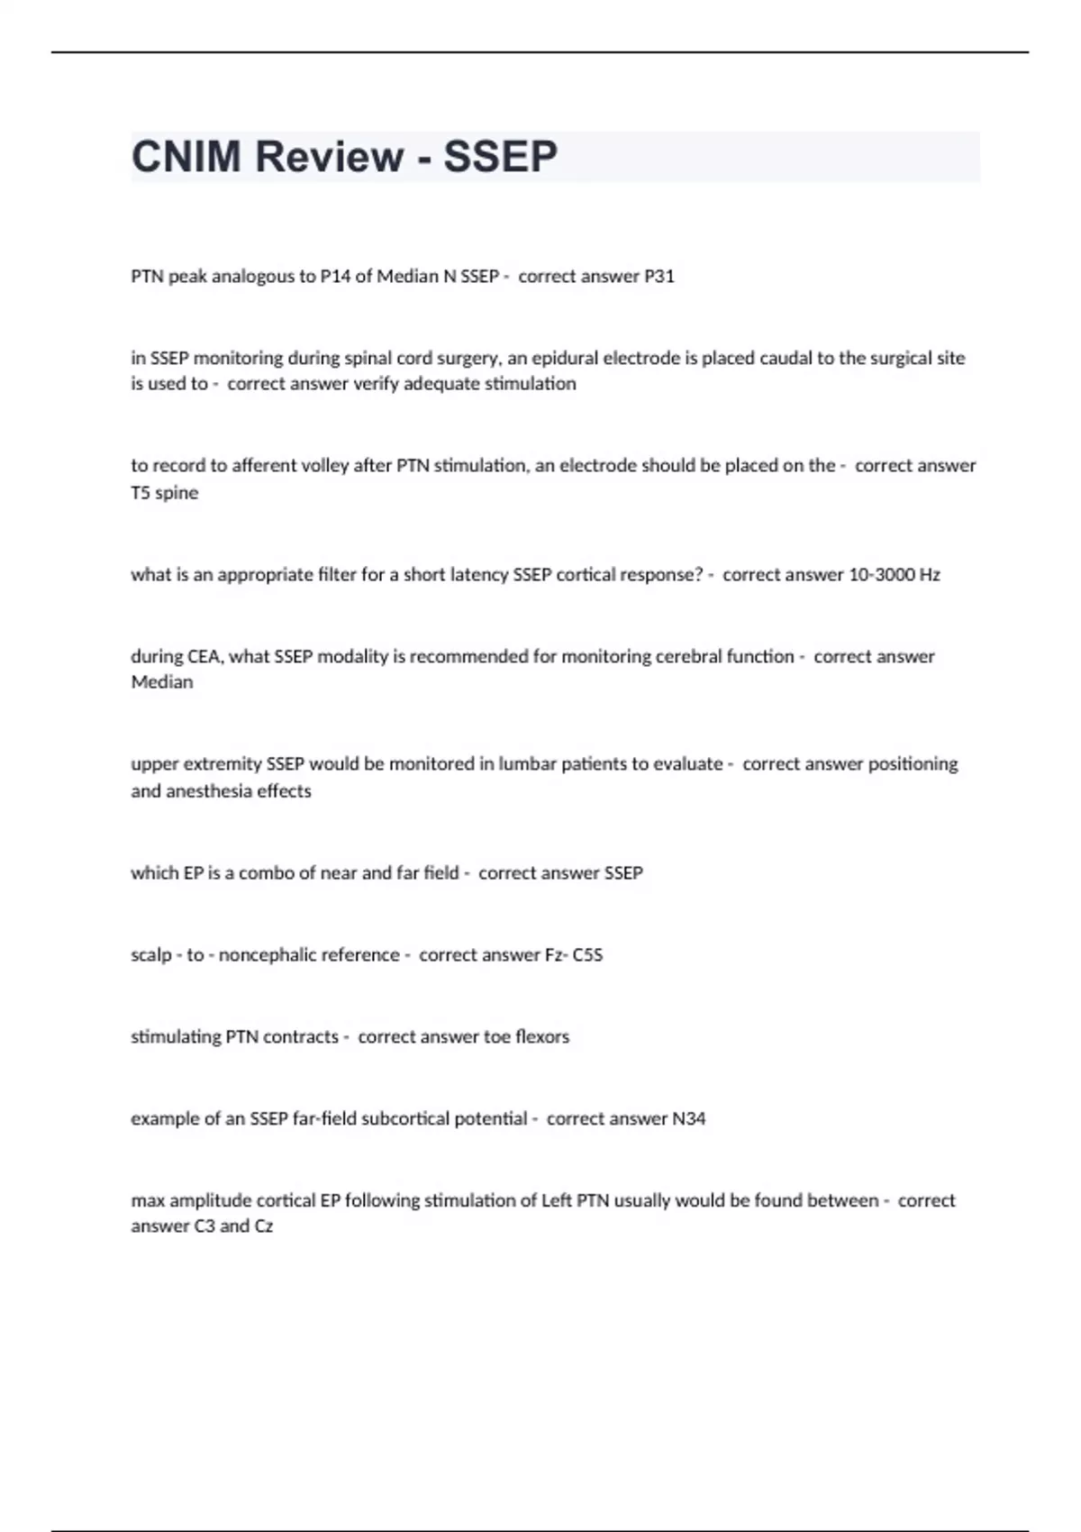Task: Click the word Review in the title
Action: click(329, 157)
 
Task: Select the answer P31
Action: click(659, 277)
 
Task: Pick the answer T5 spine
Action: click(165, 493)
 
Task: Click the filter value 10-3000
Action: click(882, 575)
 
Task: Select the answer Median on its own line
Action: click(162, 682)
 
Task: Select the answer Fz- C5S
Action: click(574, 955)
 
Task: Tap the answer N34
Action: click(689, 1119)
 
